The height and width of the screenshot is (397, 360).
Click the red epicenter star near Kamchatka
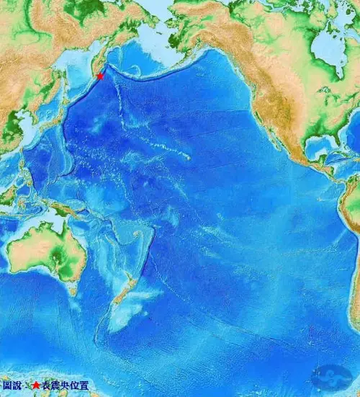[x=100, y=76]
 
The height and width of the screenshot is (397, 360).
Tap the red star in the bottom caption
[x=35, y=386]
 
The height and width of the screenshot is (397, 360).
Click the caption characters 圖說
[x=12, y=386]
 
